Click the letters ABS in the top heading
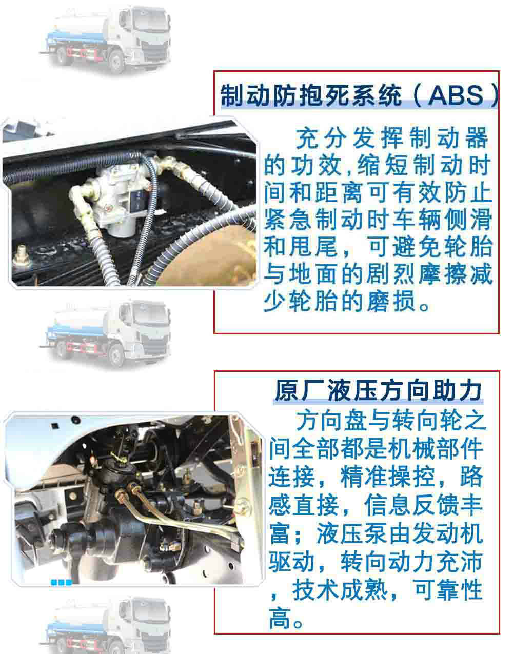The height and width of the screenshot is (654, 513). click(x=456, y=95)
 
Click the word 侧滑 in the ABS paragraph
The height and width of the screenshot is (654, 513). click(x=469, y=220)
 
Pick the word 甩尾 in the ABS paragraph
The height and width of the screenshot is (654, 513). click(x=313, y=247)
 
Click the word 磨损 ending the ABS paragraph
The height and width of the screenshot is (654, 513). click(x=391, y=301)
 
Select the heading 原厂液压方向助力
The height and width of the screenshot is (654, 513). click(x=379, y=390)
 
